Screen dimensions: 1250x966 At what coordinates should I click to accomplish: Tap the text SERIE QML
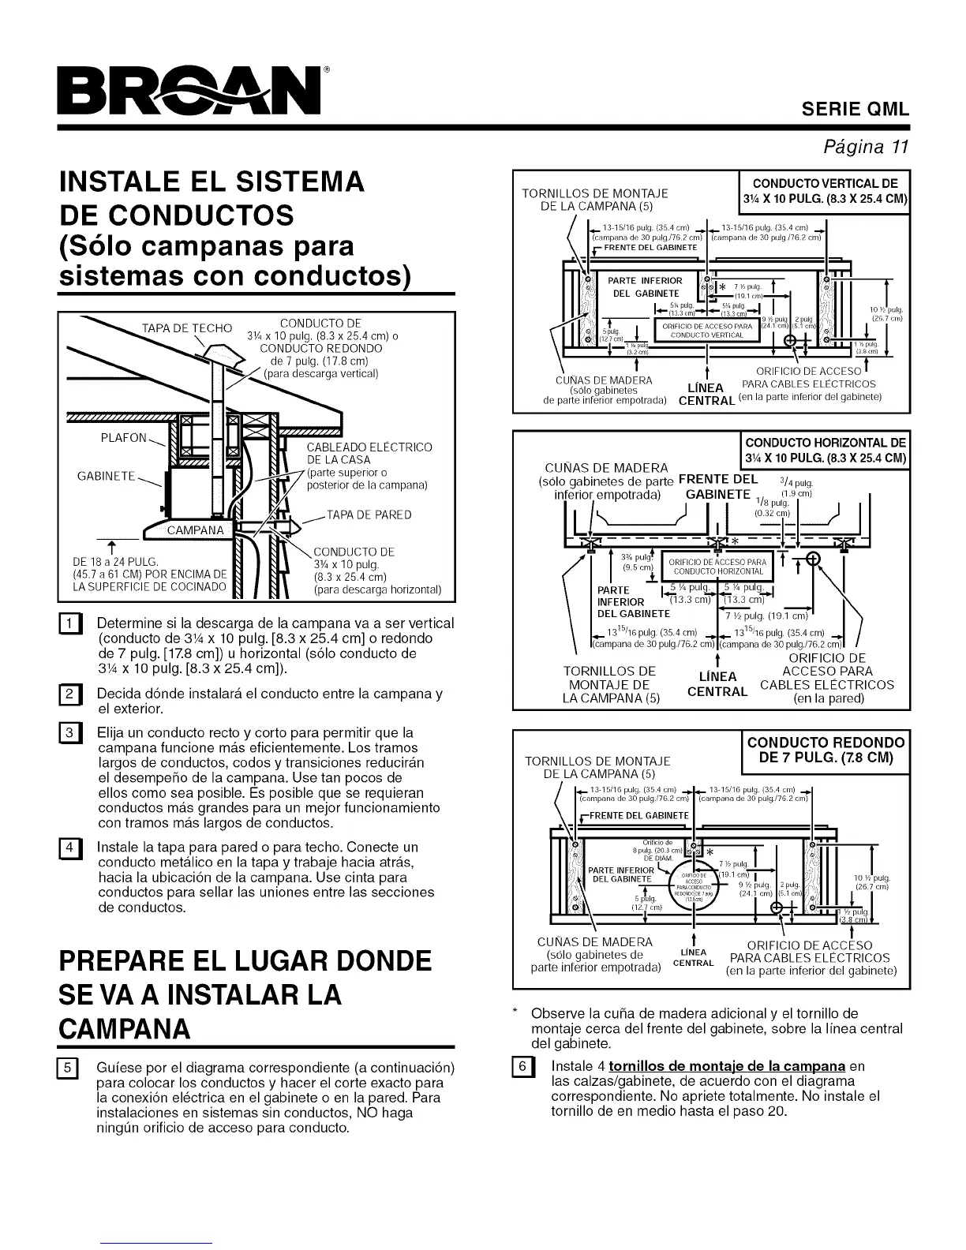click(x=856, y=110)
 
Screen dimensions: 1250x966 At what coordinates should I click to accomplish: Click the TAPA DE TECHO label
click(x=187, y=328)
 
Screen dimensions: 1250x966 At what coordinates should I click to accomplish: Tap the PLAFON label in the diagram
click(x=123, y=438)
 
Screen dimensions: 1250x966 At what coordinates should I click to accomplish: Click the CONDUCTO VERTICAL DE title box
click(x=824, y=190)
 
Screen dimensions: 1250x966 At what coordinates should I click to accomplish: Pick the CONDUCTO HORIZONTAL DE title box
click(x=826, y=450)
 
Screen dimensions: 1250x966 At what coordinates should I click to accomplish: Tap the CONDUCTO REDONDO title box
click(x=826, y=750)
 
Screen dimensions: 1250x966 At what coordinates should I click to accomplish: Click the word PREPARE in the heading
click(x=126, y=961)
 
